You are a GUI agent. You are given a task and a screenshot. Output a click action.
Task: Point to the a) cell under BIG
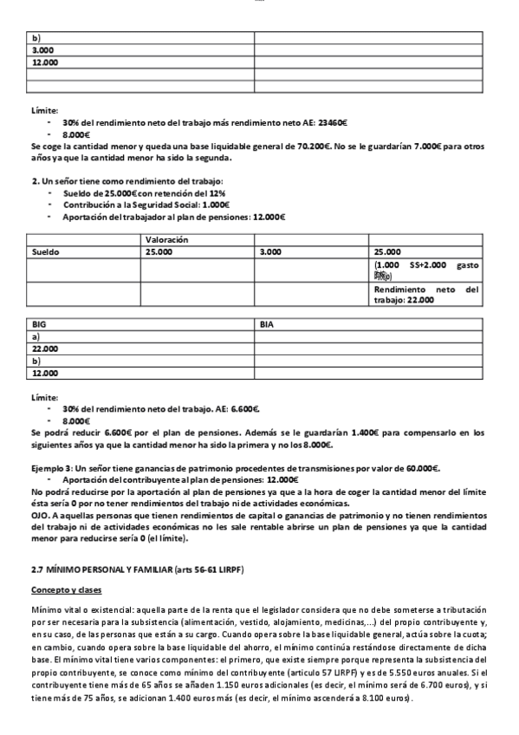pos(36,335)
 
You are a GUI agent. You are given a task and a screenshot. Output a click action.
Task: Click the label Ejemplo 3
pos(53,467)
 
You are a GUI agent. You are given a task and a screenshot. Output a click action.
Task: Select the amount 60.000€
pos(424,467)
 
